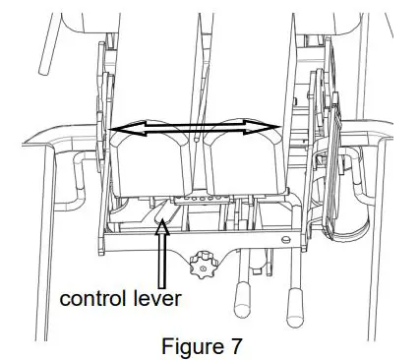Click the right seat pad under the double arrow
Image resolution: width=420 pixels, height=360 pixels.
[241, 162]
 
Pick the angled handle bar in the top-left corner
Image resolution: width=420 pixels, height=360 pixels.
[45, 54]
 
